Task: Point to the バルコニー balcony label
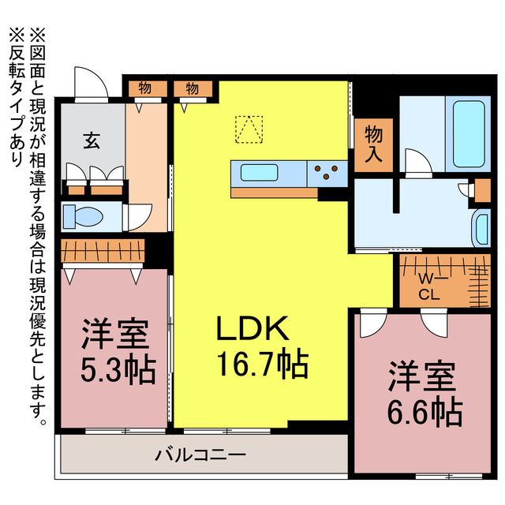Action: pyautogui.click(x=201, y=455)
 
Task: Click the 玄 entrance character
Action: pyautogui.click(x=92, y=142)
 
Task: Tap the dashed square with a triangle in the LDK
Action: pyautogui.click(x=249, y=129)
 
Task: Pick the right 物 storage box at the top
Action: pyautogui.click(x=193, y=88)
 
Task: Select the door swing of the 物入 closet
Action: pyautogui.click(x=417, y=160)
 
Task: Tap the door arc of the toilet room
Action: pyautogui.click(x=140, y=216)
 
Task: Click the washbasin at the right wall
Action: pyautogui.click(x=480, y=227)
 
